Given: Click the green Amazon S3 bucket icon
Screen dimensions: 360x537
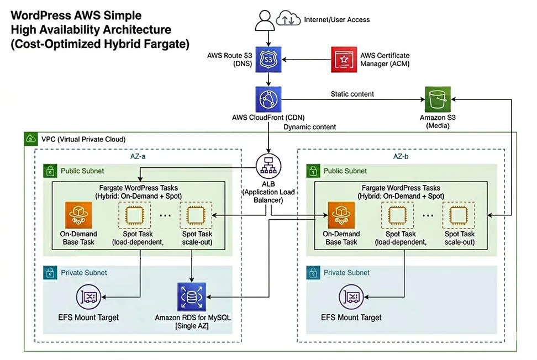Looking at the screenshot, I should (x=437, y=100).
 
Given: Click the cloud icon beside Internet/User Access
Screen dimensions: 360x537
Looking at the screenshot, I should (x=288, y=19).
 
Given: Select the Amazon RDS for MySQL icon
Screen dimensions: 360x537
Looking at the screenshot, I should (x=191, y=296).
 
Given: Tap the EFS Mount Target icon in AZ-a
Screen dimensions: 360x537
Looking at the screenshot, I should (x=91, y=297).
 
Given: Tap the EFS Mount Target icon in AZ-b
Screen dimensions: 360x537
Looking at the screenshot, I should (x=352, y=297).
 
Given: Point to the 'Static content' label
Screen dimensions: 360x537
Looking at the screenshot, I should (x=352, y=94).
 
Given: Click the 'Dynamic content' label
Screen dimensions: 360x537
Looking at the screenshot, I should (x=310, y=127).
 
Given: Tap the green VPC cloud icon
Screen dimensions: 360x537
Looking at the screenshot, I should (x=29, y=139).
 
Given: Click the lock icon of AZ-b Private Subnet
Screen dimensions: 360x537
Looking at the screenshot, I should (x=313, y=273).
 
